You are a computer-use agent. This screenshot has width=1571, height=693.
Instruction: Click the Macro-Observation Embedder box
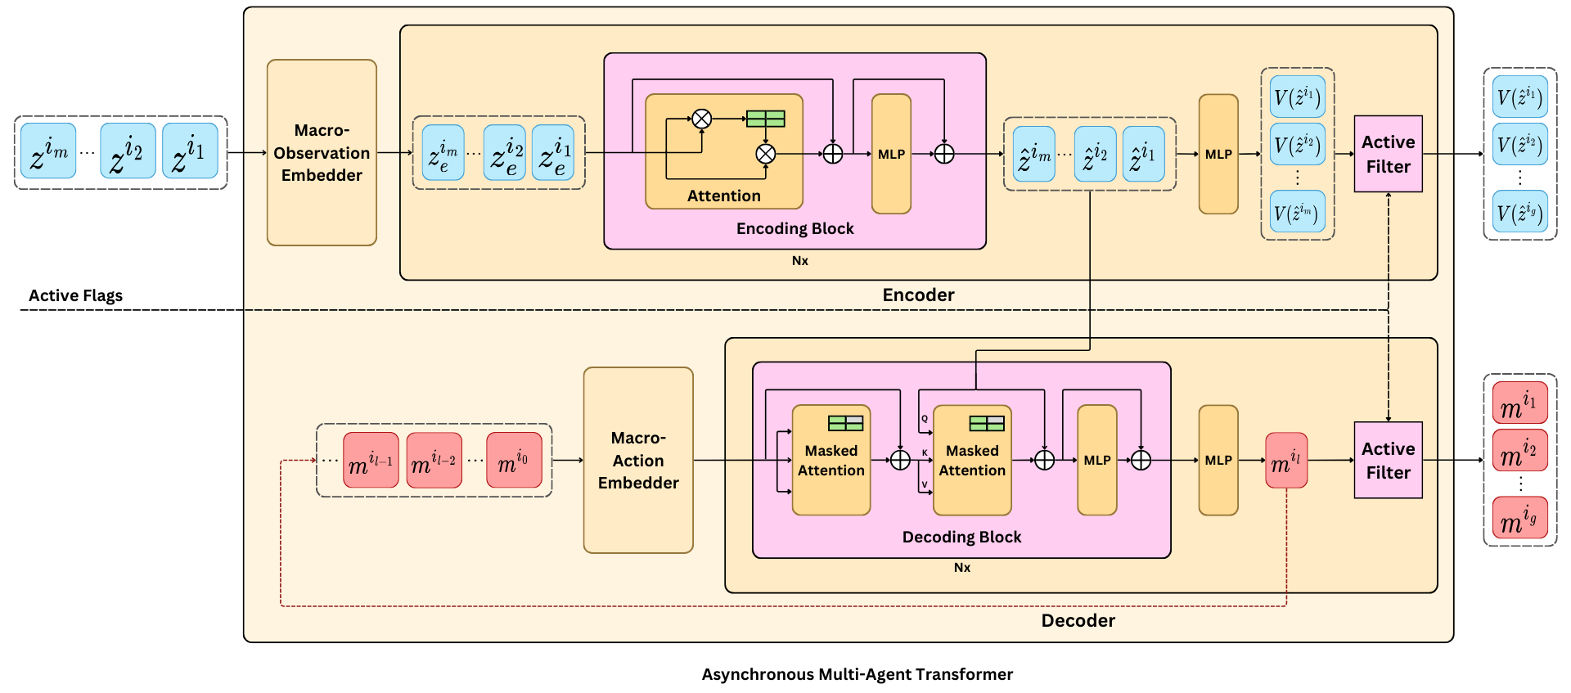coord(322,152)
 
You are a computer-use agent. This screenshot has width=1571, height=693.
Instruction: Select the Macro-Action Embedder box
coord(638,460)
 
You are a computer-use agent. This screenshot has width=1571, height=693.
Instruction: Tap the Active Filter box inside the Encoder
coord(1388,154)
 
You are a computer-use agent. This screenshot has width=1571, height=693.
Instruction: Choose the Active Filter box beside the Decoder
coord(1388,460)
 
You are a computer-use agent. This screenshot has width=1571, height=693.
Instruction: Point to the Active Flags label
coord(75,295)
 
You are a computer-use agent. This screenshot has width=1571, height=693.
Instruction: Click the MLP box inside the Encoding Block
coord(891,154)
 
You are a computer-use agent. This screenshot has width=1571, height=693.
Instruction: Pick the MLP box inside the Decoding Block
coord(1097,460)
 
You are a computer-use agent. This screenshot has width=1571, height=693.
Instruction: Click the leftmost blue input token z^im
coord(48,151)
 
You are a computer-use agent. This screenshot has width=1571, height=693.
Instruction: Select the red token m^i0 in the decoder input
coord(514,460)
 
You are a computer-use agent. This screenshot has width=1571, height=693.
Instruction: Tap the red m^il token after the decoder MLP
coord(1286,461)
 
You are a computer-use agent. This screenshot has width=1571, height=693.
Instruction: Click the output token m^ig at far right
coord(1520,518)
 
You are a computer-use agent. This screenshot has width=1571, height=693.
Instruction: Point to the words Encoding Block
coord(795,228)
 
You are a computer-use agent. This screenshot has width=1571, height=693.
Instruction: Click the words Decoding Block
coord(961,537)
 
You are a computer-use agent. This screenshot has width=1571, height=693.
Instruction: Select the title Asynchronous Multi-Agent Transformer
coord(857,674)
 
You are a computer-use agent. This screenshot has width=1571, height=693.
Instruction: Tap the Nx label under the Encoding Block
coord(799,260)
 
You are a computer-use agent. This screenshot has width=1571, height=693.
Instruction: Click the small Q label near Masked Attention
coord(925,418)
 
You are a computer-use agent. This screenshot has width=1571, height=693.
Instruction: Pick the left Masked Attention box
coord(831,460)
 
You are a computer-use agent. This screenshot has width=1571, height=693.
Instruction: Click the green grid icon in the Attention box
coord(765,119)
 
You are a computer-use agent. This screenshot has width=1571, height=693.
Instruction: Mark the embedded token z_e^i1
coord(553,153)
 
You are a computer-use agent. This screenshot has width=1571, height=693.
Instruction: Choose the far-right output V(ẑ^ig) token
coord(1520,212)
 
